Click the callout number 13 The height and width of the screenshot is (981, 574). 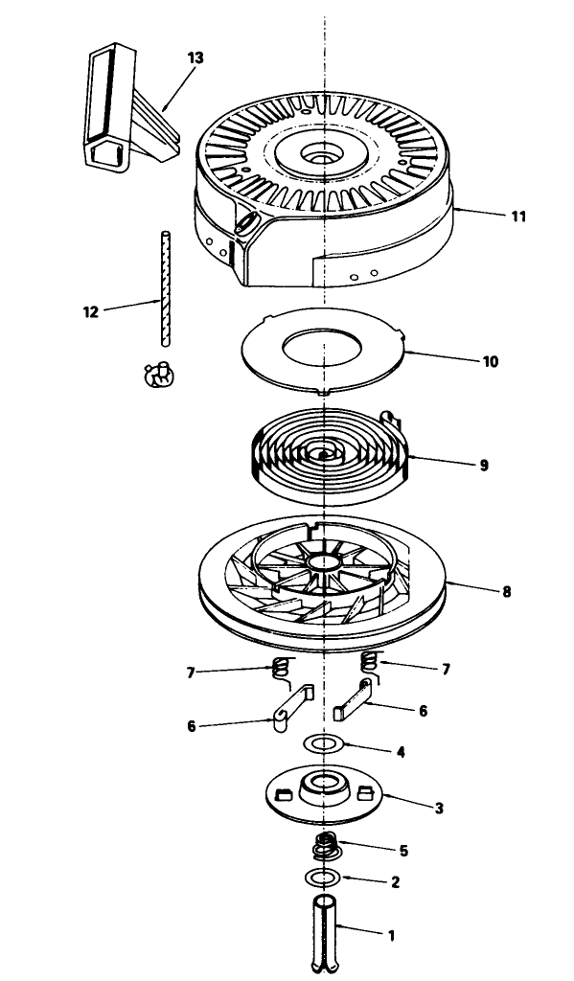(195, 57)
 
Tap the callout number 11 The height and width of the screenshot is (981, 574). (518, 217)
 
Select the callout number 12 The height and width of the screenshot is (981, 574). (91, 311)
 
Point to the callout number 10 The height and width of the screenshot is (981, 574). (490, 361)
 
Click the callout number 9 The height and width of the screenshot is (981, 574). (484, 466)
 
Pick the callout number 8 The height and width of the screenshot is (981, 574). (506, 591)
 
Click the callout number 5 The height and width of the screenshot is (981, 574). (403, 851)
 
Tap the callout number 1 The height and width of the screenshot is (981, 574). (392, 936)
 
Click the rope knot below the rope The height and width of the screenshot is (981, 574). (159, 376)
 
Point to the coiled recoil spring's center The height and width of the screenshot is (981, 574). (324, 455)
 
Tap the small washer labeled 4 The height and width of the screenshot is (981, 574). (324, 744)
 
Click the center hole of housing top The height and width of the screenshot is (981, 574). (324, 153)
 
